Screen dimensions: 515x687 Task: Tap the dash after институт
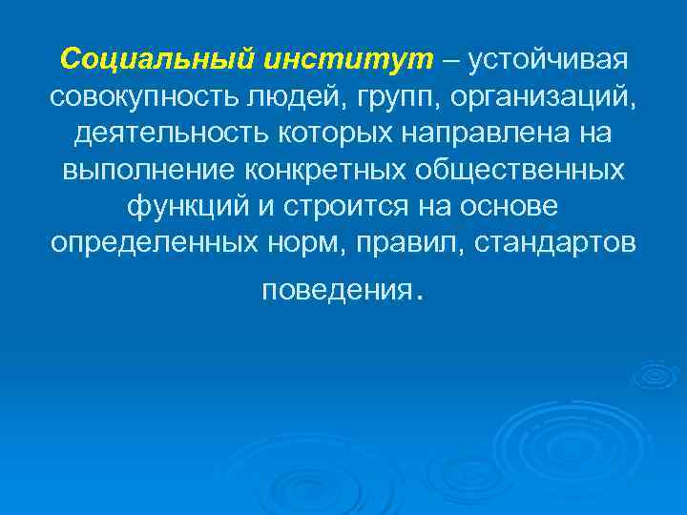pos(449,60)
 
